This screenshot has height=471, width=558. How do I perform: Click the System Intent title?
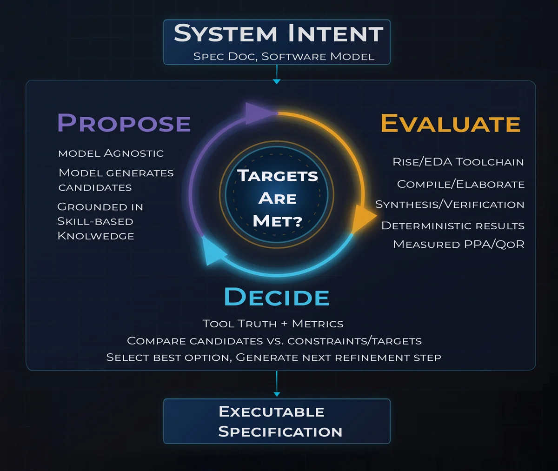pyautogui.click(x=278, y=34)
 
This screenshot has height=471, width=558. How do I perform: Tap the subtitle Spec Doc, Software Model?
pyautogui.click(x=284, y=57)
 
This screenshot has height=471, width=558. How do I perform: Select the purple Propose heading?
pyautogui.click(x=124, y=123)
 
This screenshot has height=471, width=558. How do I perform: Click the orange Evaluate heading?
pyautogui.click(x=450, y=124)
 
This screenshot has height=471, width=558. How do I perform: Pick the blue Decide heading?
pyautogui.click(x=277, y=297)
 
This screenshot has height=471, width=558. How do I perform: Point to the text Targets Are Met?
pyautogui.click(x=277, y=198)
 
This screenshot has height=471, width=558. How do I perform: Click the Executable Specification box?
pyautogui.click(x=277, y=421)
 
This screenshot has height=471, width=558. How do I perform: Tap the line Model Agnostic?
pyautogui.click(x=111, y=153)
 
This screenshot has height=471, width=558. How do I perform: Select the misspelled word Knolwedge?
pyautogui.click(x=96, y=236)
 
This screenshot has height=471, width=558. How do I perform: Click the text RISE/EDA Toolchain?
pyautogui.click(x=458, y=162)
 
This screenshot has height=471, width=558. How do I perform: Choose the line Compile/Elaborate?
pyautogui.click(x=460, y=184)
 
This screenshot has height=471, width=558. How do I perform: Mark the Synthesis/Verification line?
pyautogui.click(x=450, y=205)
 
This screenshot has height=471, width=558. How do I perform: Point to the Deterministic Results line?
pyautogui.click(x=452, y=226)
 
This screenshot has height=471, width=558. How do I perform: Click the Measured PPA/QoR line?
pyautogui.click(x=458, y=245)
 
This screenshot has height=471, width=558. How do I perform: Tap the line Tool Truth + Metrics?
pyautogui.click(x=273, y=324)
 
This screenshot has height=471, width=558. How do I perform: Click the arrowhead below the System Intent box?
pyautogui.click(x=277, y=81)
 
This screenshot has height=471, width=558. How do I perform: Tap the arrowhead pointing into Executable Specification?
pyautogui.click(x=277, y=394)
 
